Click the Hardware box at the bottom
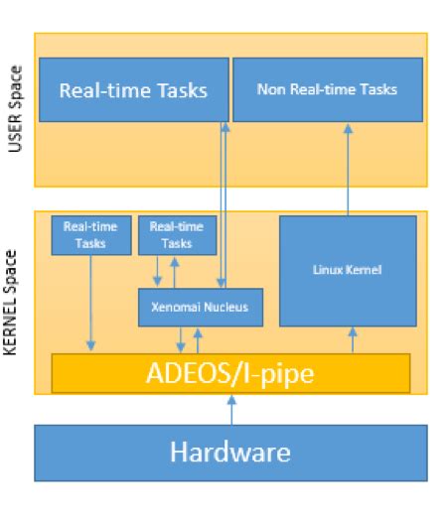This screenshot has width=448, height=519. click(x=230, y=454)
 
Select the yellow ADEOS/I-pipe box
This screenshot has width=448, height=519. click(x=230, y=373)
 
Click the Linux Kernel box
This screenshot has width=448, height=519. click(x=348, y=270)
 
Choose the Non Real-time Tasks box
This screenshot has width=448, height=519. click(x=328, y=90)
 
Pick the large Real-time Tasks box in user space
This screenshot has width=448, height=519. click(x=133, y=90)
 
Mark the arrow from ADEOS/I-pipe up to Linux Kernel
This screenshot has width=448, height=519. click(x=354, y=339)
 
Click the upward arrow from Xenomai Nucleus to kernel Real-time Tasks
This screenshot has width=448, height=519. click(x=175, y=272)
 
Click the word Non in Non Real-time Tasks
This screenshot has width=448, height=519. click(x=268, y=90)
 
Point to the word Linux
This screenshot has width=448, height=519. click(x=331, y=270)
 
